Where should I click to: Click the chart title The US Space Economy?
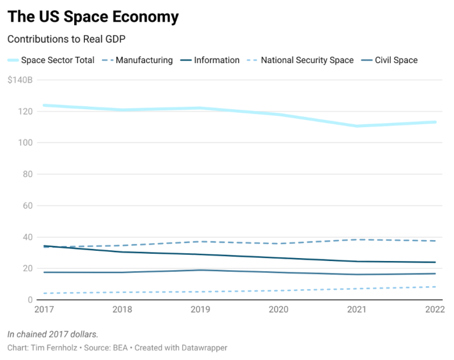93,17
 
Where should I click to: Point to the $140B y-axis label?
20,80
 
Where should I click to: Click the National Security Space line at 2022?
435,287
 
